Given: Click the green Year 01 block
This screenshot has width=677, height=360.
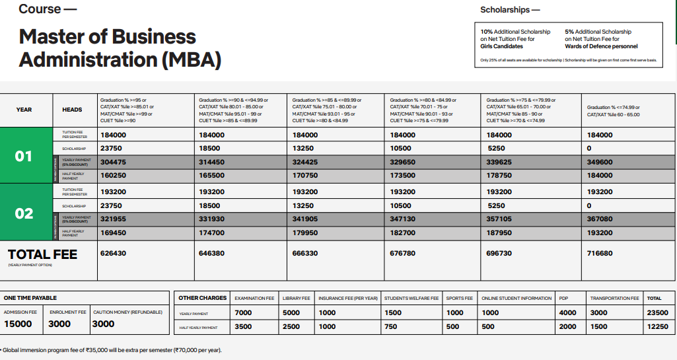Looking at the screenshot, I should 24,156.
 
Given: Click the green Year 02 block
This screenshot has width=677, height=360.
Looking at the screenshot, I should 24,213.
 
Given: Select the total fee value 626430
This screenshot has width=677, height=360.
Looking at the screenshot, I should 113,253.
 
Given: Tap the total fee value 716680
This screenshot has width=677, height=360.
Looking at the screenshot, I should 600,253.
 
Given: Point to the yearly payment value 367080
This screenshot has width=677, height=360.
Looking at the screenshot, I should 600,219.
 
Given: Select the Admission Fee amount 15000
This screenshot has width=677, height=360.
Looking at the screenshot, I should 18,324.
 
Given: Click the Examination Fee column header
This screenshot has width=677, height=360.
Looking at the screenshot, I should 254,299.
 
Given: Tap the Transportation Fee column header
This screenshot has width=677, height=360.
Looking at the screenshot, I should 614,299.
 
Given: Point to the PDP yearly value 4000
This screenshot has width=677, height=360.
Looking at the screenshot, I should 567,312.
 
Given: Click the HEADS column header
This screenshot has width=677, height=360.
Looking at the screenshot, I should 72,110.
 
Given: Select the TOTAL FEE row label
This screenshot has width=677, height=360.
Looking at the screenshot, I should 42,254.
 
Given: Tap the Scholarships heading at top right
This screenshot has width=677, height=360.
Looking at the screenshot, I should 510,10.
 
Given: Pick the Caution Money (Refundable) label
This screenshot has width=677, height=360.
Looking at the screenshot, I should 127,312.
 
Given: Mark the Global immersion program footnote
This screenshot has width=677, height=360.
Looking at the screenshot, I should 112,349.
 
